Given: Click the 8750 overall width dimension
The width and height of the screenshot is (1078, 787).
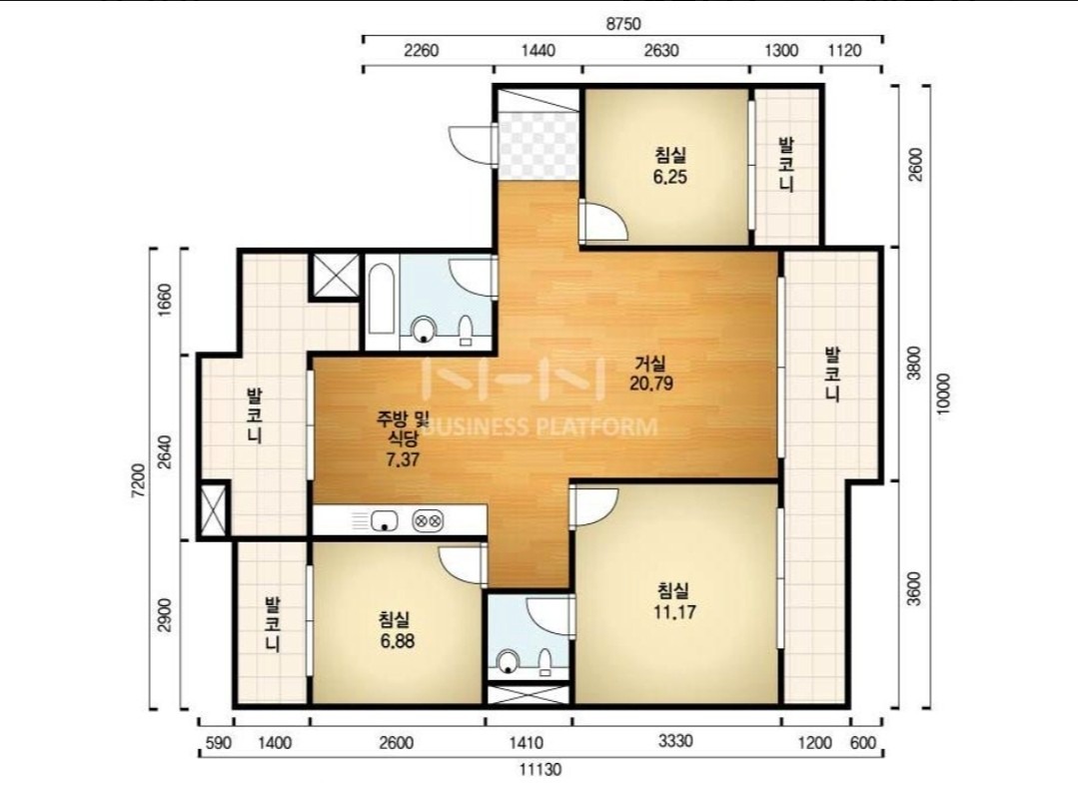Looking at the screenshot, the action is pyautogui.click(x=622, y=24).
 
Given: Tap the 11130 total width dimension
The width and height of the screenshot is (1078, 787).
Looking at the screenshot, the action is pyautogui.click(x=540, y=769).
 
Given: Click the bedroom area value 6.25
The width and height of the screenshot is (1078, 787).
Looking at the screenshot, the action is pyautogui.click(x=669, y=178).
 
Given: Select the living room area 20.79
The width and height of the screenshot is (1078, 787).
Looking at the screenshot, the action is pyautogui.click(x=651, y=383).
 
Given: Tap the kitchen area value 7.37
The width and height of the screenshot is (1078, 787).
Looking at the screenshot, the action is pyautogui.click(x=403, y=459).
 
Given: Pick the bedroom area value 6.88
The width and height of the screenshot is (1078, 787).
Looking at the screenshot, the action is pyautogui.click(x=397, y=640).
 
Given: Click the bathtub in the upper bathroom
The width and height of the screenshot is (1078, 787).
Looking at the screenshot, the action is pyautogui.click(x=382, y=301).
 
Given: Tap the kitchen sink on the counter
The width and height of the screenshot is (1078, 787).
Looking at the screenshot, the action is pyautogui.click(x=385, y=520).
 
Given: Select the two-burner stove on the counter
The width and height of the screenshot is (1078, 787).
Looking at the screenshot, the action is pyautogui.click(x=428, y=520).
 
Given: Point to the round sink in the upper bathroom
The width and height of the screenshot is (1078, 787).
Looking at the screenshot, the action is pyautogui.click(x=424, y=330).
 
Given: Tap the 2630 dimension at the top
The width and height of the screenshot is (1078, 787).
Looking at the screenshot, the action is pyautogui.click(x=661, y=50).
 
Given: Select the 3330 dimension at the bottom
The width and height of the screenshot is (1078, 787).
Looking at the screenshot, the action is pyautogui.click(x=675, y=741).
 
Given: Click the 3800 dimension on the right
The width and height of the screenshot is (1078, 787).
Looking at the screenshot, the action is pyautogui.click(x=914, y=363).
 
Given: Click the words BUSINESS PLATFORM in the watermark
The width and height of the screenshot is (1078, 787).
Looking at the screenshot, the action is pyautogui.click(x=539, y=426).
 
